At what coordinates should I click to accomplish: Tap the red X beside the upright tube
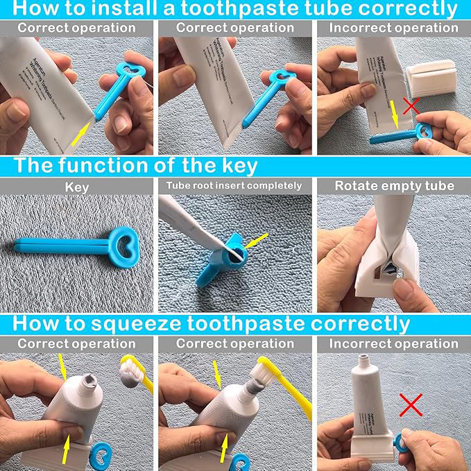411,404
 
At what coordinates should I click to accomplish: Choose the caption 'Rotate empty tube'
394,186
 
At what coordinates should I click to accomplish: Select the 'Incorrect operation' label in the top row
393,28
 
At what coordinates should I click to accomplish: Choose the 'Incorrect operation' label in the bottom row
393,344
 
